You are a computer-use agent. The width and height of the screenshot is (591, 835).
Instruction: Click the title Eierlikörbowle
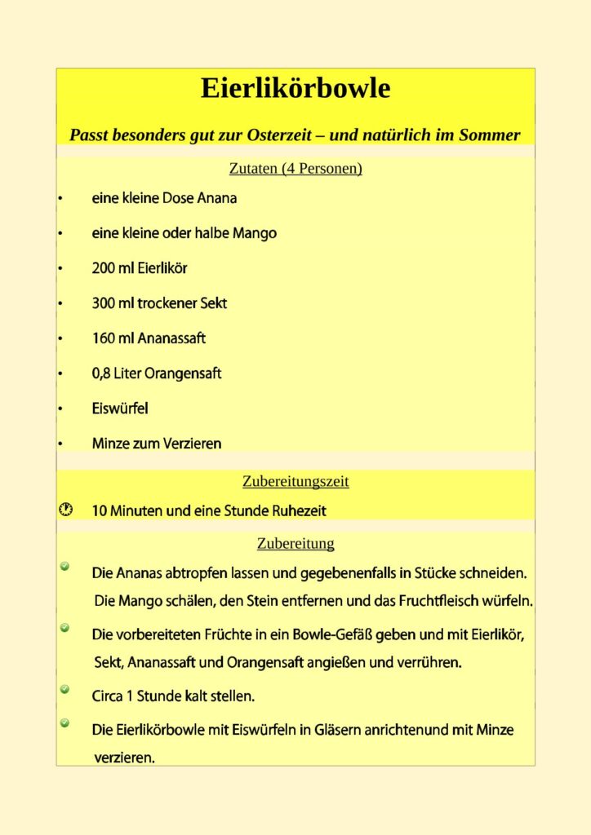point(295,88)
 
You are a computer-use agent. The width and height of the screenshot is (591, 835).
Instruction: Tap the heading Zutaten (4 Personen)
point(295,169)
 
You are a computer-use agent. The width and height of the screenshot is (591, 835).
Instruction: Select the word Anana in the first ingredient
point(217,198)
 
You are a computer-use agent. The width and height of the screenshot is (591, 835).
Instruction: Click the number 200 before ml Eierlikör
point(104,268)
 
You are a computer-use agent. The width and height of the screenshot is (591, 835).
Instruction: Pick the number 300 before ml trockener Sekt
point(104,303)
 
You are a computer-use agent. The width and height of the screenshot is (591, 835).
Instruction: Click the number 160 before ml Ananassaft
point(104,338)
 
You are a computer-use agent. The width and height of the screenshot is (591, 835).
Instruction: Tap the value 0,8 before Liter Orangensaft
point(101,373)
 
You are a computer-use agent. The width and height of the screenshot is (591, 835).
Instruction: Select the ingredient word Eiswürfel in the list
point(120,409)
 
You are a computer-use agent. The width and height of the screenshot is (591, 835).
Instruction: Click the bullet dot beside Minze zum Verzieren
point(60,444)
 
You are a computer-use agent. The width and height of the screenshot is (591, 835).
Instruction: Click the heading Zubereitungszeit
point(295,481)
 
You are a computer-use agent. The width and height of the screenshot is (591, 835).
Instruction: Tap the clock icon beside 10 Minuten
point(66,510)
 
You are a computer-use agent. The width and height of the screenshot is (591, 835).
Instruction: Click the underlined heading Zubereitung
point(295,543)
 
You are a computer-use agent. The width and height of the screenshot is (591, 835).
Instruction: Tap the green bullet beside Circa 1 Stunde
point(64,690)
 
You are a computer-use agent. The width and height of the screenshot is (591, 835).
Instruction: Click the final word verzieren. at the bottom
point(124,758)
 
